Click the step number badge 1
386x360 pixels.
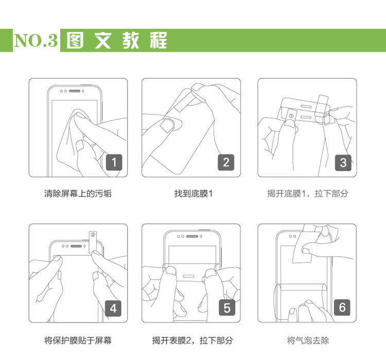[x=114, y=163]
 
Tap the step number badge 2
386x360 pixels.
[x=226, y=163]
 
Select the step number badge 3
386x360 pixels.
[x=343, y=163]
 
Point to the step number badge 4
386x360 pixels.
[x=113, y=309]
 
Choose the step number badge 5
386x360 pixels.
[x=227, y=308]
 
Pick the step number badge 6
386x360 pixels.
[x=342, y=308]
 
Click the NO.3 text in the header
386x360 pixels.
[x=36, y=40]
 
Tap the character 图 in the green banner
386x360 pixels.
[x=75, y=40]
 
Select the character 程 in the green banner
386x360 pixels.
[x=159, y=40]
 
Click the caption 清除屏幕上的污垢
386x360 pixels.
[x=78, y=194]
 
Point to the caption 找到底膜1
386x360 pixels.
[x=194, y=194]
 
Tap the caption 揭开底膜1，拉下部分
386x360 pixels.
[x=307, y=194]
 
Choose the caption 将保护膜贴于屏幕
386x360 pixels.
[x=78, y=340]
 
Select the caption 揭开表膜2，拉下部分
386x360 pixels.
[x=192, y=340]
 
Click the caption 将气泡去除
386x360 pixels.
[x=308, y=340]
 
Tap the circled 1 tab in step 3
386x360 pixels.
[x=291, y=116]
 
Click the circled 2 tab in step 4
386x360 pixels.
[x=93, y=242]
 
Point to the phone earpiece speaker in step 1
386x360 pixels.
[x=75, y=91]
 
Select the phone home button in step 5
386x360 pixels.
[x=188, y=276]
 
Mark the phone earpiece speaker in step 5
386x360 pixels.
[x=192, y=236]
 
